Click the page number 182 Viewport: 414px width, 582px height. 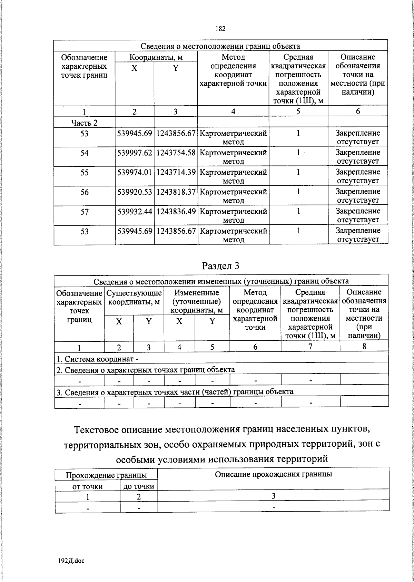coord(220,29)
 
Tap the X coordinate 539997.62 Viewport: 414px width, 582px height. coord(135,153)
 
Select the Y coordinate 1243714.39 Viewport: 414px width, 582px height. coord(176,172)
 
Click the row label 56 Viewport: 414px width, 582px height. coord(85,192)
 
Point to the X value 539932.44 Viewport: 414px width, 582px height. coord(135,211)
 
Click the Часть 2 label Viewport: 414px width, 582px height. coord(84,123)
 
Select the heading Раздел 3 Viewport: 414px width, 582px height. coord(220,265)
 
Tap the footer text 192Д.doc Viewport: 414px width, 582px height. coord(71,561)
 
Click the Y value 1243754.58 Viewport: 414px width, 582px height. coord(176,153)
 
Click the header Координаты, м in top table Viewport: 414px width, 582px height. coord(156,57)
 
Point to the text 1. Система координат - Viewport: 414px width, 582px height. coord(97,359)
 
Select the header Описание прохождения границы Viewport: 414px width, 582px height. coord(273,474)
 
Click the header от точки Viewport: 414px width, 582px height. coord(87,487)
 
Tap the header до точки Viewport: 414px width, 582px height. coord(139,487)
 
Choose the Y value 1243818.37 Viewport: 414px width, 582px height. coord(176,192)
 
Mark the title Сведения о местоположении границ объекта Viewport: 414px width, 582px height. coord(220,46)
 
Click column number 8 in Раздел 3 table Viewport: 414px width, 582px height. coord(364,346)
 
